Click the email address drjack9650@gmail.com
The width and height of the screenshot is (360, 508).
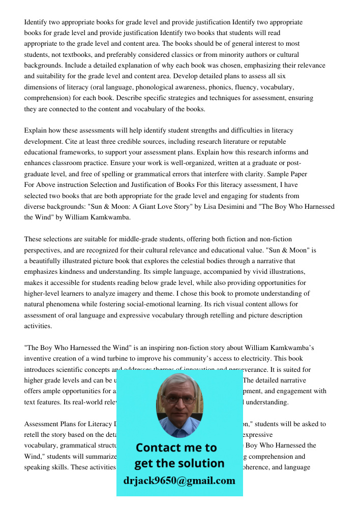[x=179, y=480]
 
